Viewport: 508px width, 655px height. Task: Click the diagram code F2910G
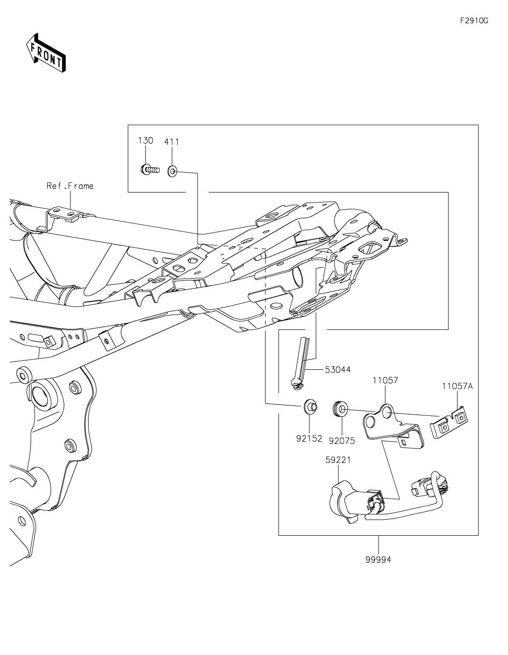tap(474, 21)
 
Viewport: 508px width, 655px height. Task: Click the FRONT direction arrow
tap(46, 53)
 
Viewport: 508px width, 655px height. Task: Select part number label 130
tap(146, 140)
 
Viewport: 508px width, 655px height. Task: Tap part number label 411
tap(172, 141)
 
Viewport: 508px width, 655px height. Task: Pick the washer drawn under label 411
tap(172, 170)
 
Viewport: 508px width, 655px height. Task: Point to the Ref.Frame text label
tap(70, 186)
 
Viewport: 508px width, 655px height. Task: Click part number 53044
tap(338, 369)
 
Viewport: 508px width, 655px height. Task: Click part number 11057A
tap(457, 386)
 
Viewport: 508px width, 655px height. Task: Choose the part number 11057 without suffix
tap(385, 380)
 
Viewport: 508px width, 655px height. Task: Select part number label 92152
tap(309, 438)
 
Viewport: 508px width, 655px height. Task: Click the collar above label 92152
tap(310, 407)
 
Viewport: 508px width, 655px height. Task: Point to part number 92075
tap(342, 441)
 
